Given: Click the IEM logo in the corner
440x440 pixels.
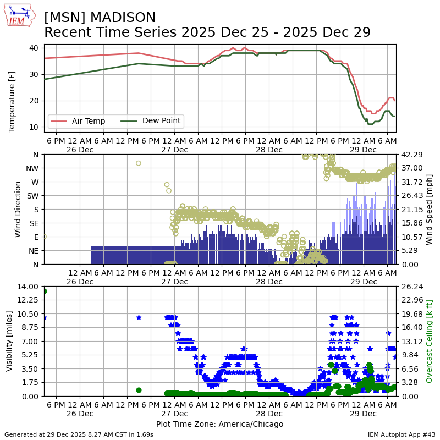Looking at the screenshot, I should click(x=20, y=15).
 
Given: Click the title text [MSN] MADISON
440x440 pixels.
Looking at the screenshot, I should click(x=100, y=18).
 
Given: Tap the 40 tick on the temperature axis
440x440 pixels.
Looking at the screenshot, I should click(x=34, y=48).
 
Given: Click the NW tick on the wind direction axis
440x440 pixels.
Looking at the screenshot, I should click(x=31, y=168).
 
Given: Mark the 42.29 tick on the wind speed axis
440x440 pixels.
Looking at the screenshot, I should click(x=411, y=155).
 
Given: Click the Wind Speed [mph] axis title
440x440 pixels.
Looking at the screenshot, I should click(x=430, y=209).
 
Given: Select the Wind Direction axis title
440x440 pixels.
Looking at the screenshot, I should click(x=18, y=209).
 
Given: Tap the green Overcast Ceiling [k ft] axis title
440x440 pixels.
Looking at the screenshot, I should click(x=430, y=341).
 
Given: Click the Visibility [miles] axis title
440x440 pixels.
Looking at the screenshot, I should click(x=9, y=341).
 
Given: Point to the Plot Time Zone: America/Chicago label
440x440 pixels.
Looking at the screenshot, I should click(x=219, y=424).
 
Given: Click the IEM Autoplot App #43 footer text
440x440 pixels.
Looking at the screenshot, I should click(x=402, y=435).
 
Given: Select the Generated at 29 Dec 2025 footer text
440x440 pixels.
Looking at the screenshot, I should click(x=79, y=435).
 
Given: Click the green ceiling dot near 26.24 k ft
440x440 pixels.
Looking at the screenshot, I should click(x=44, y=291).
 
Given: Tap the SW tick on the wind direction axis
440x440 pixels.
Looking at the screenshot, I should click(x=31, y=196).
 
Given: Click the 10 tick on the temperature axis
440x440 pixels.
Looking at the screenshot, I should click(x=34, y=127).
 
